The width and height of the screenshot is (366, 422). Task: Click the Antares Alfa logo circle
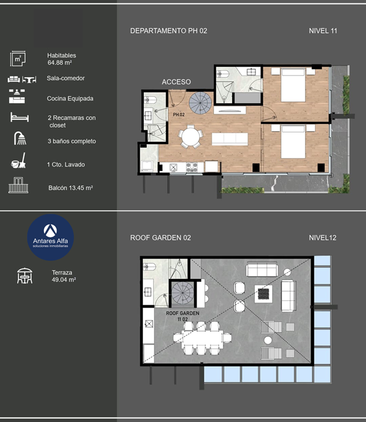click(50, 237)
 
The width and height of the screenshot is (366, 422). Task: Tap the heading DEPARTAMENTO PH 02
click(168, 31)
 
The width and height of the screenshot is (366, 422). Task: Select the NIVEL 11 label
click(323, 31)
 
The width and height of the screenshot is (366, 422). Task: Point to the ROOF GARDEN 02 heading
click(161, 238)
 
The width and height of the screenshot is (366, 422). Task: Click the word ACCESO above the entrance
click(176, 82)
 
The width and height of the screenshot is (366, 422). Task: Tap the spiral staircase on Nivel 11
click(200, 103)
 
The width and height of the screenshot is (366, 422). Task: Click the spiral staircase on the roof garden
click(183, 294)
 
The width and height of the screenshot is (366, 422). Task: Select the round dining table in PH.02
click(191, 137)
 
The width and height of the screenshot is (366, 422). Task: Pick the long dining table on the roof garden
click(202, 338)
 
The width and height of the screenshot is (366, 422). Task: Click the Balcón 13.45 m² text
click(70, 188)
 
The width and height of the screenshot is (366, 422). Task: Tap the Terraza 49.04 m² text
click(64, 276)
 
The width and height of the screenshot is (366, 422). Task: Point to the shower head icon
click(20, 138)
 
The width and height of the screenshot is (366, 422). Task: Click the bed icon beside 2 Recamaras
click(19, 117)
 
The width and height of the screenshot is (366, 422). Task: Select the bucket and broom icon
click(18, 161)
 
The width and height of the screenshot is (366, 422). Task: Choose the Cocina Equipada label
click(70, 98)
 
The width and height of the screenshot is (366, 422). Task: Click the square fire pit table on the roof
click(263, 294)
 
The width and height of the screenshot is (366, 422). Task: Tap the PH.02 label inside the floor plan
click(179, 115)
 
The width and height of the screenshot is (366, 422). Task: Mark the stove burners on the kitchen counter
click(192, 167)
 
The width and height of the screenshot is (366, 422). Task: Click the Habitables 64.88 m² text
click(62, 59)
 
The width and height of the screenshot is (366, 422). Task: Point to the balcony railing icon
click(18, 185)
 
